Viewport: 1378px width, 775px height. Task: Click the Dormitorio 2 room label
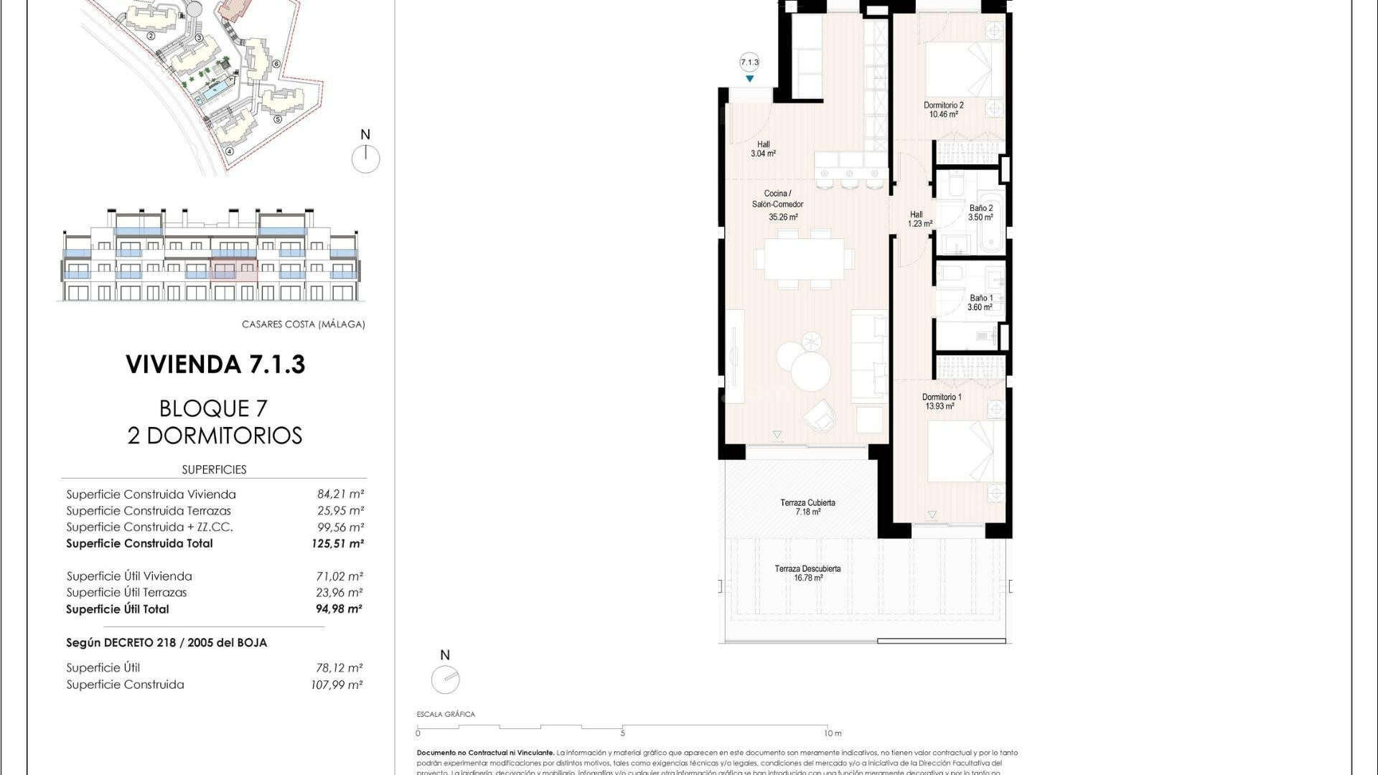943,105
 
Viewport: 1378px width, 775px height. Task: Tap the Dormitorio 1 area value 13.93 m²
939,406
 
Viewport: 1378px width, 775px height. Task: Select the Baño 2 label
980,208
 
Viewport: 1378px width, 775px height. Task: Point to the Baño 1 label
980,298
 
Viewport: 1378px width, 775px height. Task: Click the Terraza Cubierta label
807,503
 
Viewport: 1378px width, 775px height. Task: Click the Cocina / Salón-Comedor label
777,199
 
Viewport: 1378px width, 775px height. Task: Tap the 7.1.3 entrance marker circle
749,62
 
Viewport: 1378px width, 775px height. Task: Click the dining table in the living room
804,259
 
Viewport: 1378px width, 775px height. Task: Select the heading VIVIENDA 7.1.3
215,365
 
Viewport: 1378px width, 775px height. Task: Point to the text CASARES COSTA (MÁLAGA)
303,324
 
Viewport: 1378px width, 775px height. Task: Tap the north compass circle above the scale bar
445,680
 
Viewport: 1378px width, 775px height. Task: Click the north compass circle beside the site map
365,159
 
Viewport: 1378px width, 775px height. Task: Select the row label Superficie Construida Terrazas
149,511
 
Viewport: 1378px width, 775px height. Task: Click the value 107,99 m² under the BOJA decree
337,685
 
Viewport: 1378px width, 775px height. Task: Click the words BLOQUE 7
213,408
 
